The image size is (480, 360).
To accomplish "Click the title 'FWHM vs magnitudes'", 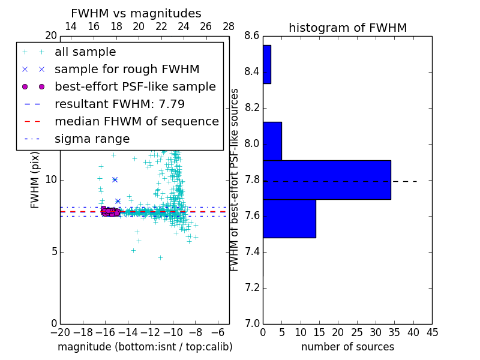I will click(x=136, y=14).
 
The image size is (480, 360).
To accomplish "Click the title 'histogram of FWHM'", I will click(x=347, y=28).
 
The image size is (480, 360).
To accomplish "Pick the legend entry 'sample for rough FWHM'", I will click(x=127, y=70).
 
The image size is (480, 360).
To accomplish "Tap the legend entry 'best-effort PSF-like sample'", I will click(x=135, y=86).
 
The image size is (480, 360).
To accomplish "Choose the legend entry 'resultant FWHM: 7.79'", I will click(x=119, y=104).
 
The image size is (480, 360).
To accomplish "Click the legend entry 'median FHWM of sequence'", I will click(x=136, y=121).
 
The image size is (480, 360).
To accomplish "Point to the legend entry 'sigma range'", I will click(x=92, y=139).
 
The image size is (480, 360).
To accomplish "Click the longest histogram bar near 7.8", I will click(x=326, y=180).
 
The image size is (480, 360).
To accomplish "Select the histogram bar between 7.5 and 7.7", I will click(x=289, y=218).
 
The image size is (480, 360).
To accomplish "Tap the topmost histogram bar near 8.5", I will click(x=266, y=64).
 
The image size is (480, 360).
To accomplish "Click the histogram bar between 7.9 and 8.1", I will click(x=272, y=141).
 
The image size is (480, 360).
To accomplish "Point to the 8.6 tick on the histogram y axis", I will click(x=252, y=36).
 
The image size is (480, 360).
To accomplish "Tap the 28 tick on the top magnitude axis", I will click(x=229, y=26).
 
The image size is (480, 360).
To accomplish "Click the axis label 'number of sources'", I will click(x=347, y=347).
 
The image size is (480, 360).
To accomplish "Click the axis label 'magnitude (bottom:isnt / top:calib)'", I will click(x=145, y=347).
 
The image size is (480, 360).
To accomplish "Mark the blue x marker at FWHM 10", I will click(x=115, y=179).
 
